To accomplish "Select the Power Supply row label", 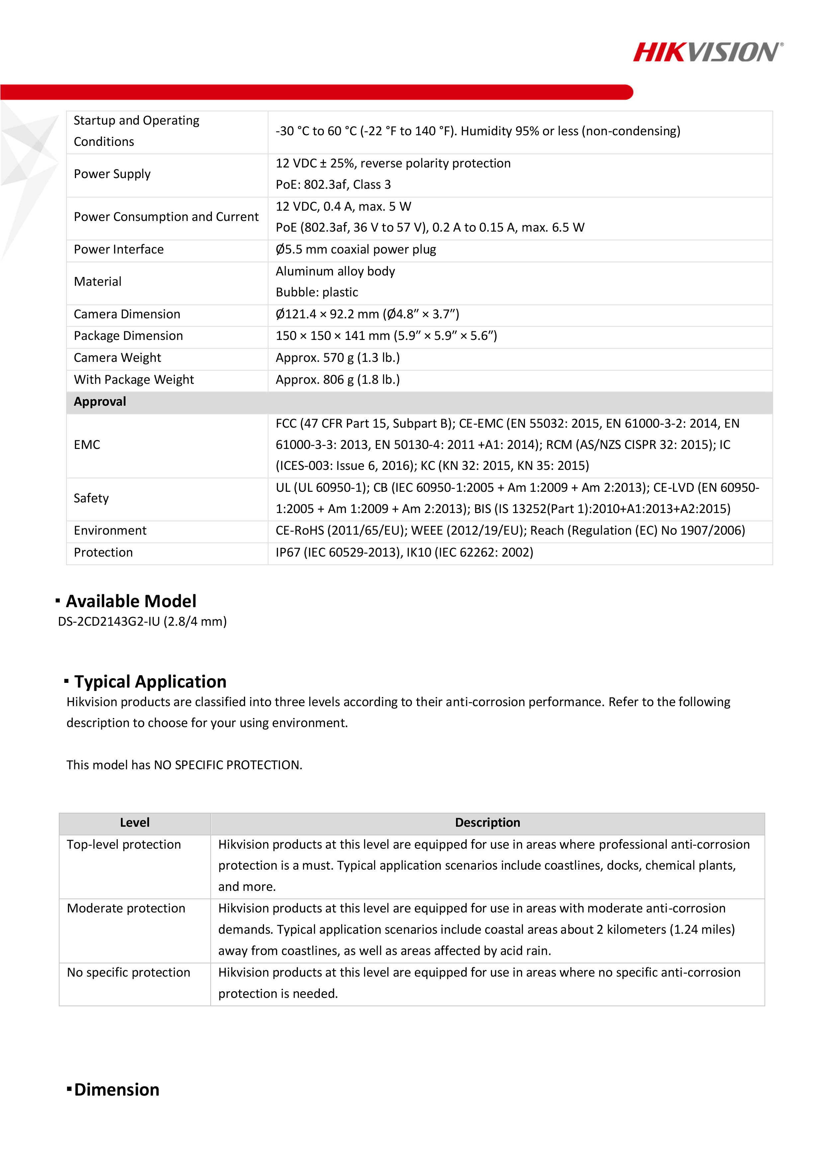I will tap(112, 174).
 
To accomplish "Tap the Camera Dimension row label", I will tap(127, 314).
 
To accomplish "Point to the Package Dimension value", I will tap(386, 336).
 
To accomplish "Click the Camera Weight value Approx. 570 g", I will tap(338, 358).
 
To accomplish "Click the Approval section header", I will tap(100, 402).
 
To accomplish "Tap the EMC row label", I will tap(87, 445).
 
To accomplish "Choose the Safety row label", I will tap(91, 498).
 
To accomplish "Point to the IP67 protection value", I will tap(404, 553).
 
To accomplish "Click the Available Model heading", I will tap(131, 601).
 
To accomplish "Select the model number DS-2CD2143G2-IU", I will tap(142, 622).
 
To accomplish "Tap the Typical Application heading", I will tap(150, 682).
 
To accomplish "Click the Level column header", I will tap(135, 823).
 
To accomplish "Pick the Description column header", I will tap(488, 823).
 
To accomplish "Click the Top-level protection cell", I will tap(124, 845).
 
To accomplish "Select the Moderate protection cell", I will tap(126, 908).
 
